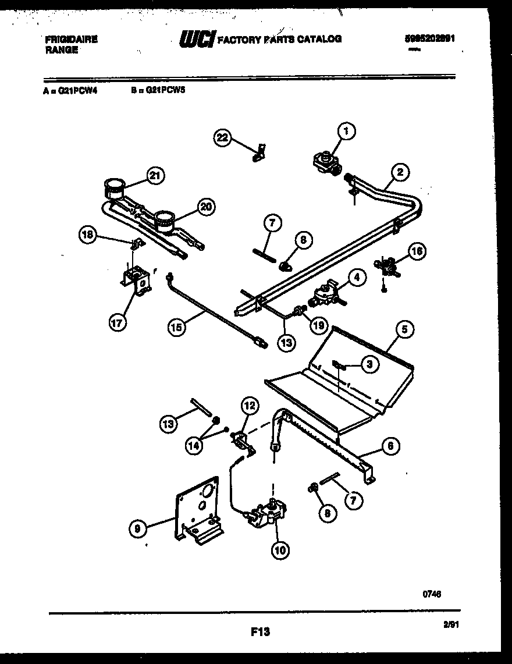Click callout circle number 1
[346, 132]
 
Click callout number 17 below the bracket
[118, 323]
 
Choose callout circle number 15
[176, 327]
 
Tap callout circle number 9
[137, 528]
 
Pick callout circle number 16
[417, 251]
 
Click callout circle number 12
[248, 406]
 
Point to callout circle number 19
[318, 326]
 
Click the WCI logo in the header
[197, 39]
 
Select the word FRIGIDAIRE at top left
[71, 40]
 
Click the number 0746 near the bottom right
[431, 594]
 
